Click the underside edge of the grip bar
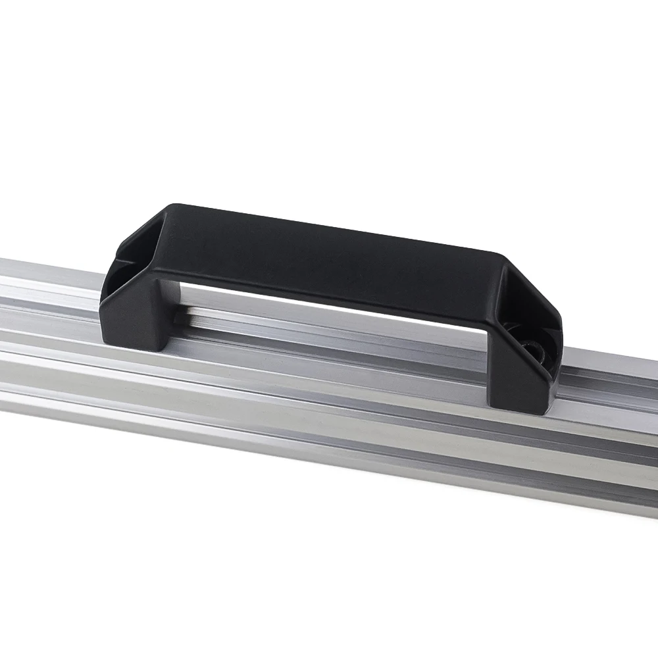coord(329,296)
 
